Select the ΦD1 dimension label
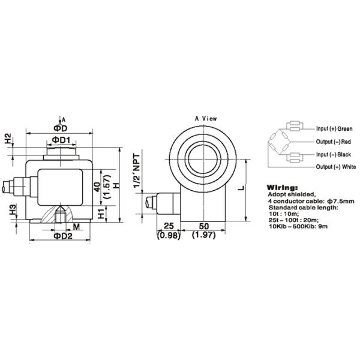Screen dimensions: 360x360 [61, 140]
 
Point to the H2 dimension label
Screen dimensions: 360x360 [8, 140]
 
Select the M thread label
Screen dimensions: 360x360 [76, 226]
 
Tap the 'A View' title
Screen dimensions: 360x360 [206, 119]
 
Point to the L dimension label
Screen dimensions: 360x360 [240, 188]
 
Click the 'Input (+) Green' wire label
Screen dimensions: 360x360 [334, 128]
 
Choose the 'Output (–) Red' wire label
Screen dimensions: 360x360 [334, 142]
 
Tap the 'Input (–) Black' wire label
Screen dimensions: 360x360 [334, 155]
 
